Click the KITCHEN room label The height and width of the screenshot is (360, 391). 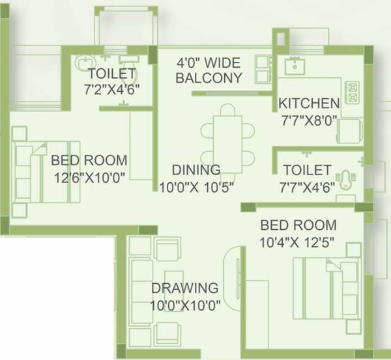pos(309,104)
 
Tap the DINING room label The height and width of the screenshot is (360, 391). pos(196,171)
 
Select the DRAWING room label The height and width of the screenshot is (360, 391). pos(184,288)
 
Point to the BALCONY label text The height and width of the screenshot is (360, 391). pos(209,78)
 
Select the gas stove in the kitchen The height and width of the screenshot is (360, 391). pos(353,92)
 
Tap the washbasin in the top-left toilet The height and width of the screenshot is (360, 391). pos(83,62)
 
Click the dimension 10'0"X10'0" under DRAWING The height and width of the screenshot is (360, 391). pos(185,303)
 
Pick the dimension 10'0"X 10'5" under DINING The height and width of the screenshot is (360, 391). pos(196,186)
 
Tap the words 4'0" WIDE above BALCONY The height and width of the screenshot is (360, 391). pos(209,63)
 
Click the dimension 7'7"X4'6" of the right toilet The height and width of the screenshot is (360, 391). pos(307,186)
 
